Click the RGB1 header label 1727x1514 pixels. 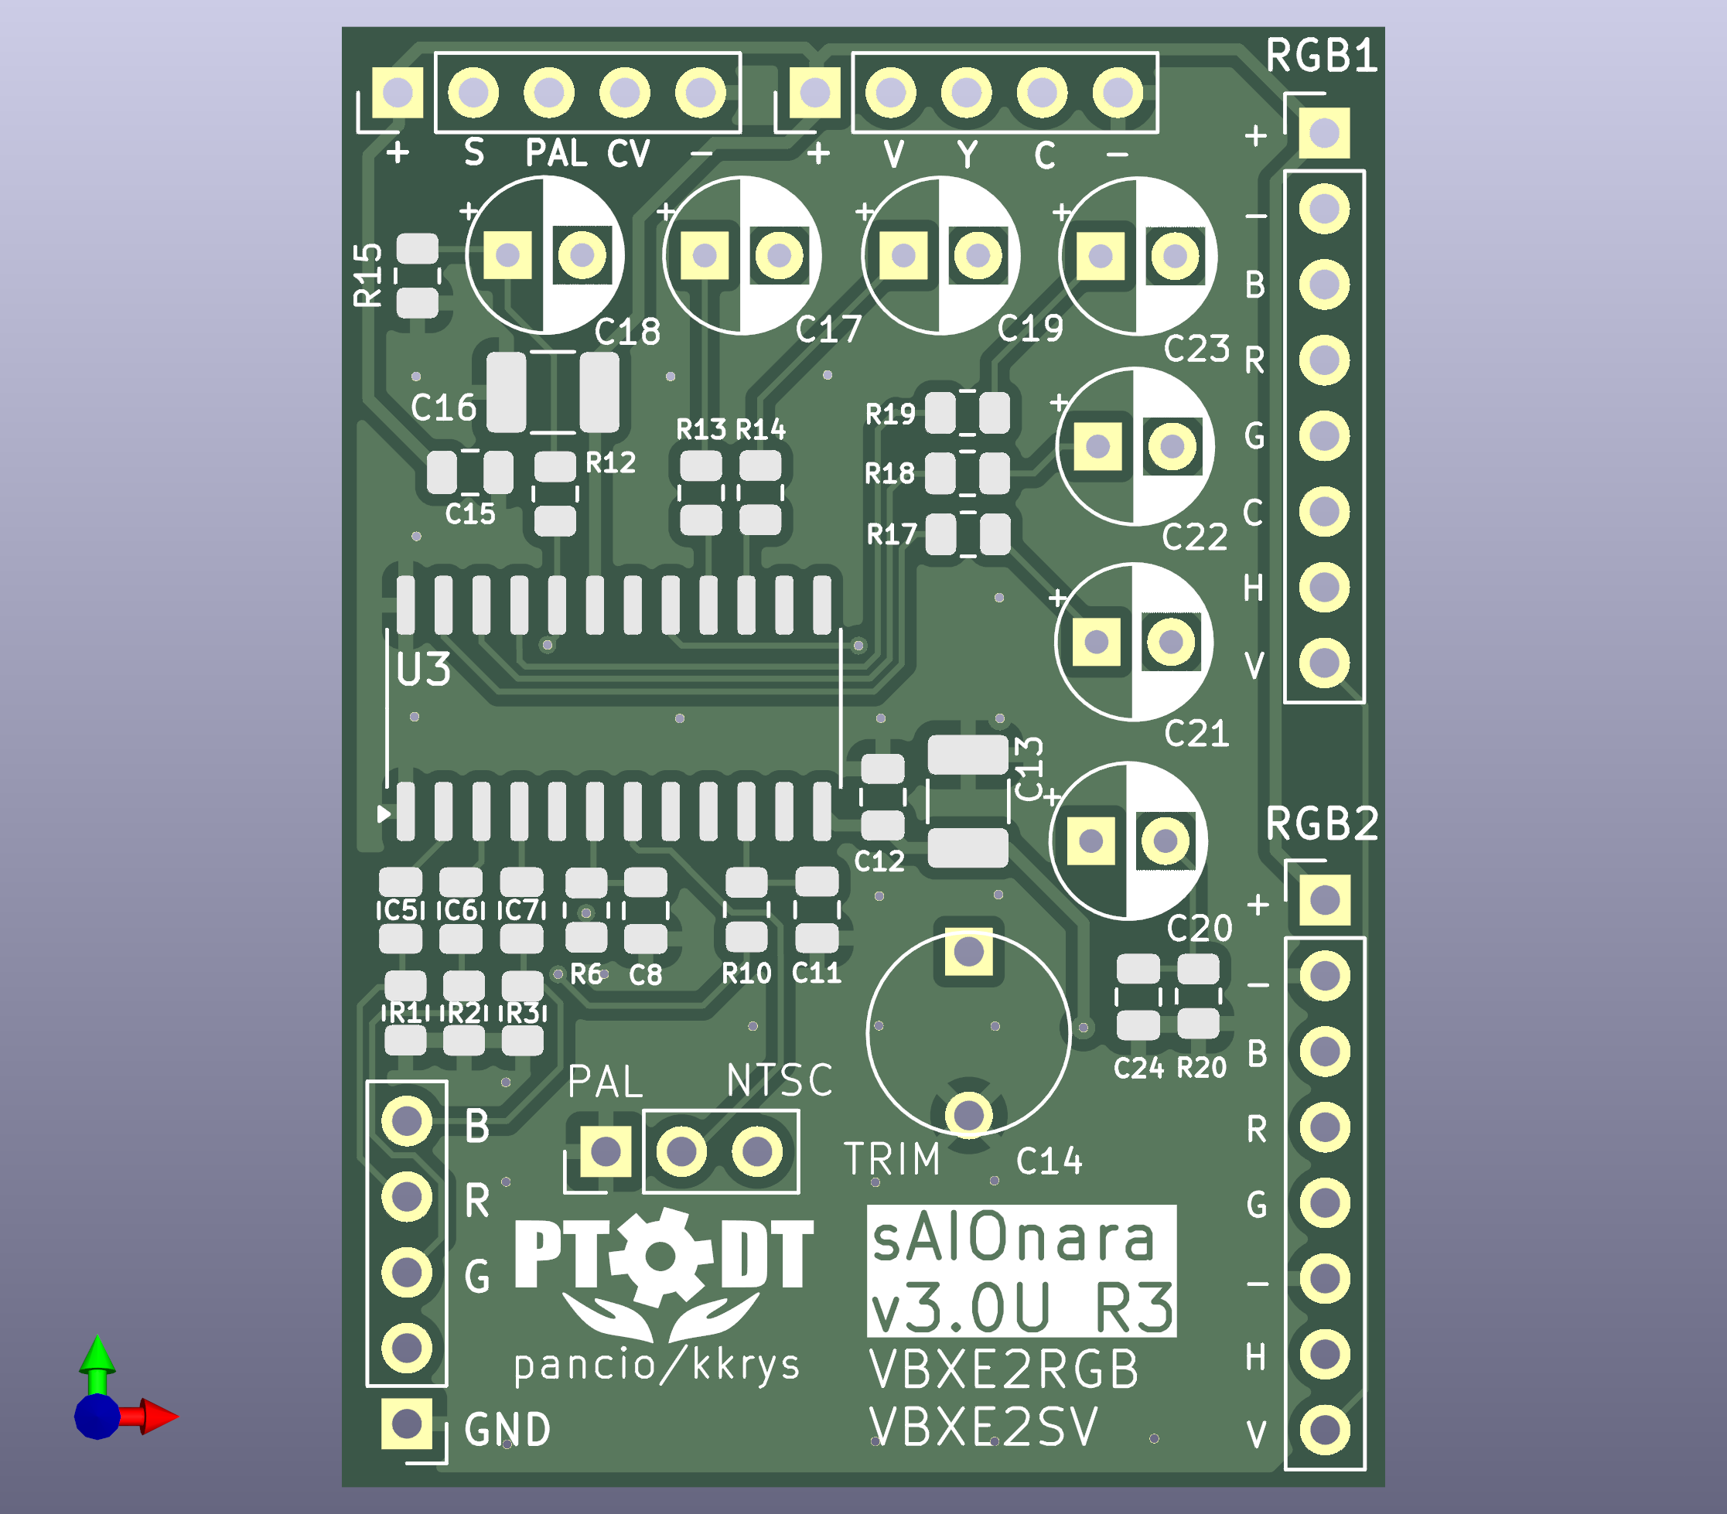[1322, 56]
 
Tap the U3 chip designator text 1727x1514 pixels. [422, 670]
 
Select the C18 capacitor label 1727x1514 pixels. [627, 332]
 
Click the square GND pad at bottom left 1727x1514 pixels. [406, 1423]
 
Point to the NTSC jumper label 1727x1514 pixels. [779, 1080]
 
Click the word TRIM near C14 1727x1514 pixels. [893, 1159]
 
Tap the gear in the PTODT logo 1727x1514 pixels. [660, 1257]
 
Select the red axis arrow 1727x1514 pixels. [157, 1417]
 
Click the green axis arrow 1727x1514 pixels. [97, 1356]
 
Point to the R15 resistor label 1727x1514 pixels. [368, 274]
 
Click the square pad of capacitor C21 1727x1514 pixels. [1096, 642]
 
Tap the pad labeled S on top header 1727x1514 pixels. [473, 92]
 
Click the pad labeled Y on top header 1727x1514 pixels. [967, 92]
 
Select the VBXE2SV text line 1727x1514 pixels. [985, 1427]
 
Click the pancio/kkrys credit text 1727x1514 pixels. [657, 1366]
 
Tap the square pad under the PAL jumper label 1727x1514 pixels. [606, 1151]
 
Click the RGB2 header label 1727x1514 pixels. [1322, 823]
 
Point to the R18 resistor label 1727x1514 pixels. [889, 473]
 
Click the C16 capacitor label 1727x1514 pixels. [444, 408]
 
